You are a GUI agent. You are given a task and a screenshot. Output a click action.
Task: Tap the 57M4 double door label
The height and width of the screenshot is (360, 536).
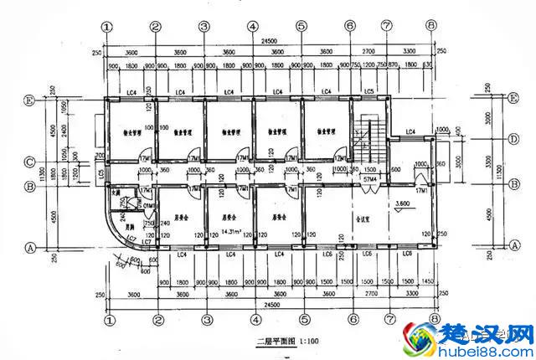370,179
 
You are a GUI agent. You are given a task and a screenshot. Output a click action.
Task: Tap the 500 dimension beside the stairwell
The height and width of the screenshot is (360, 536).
396,169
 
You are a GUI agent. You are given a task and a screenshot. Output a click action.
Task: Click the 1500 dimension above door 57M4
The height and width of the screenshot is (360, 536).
369,168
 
